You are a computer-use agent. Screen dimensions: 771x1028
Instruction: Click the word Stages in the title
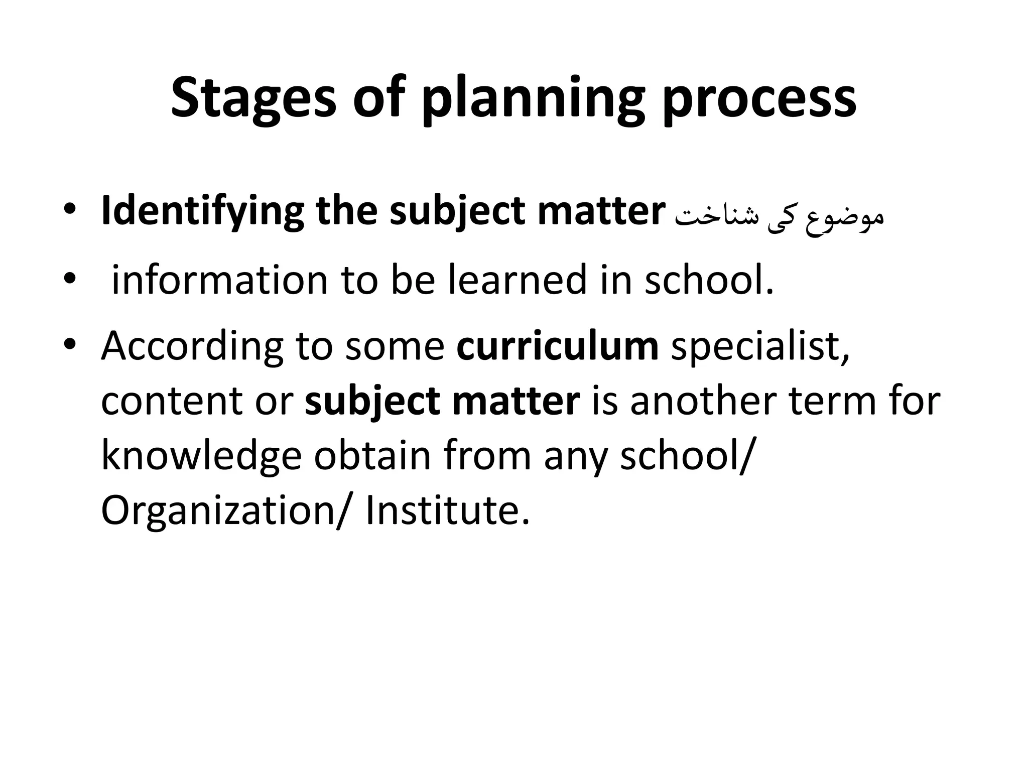click(253, 98)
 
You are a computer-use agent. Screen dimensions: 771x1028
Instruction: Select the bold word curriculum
click(557, 346)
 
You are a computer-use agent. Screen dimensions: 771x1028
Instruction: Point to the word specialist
click(760, 346)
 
